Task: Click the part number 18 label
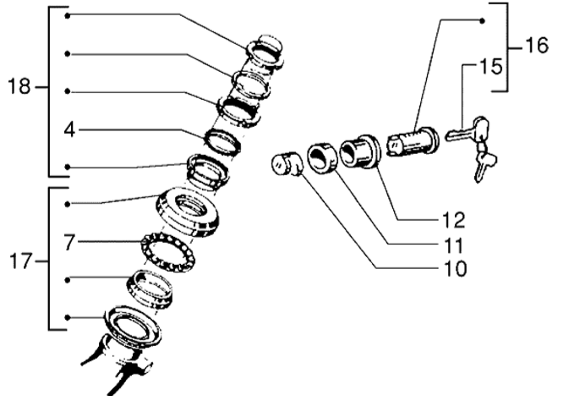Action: tap(19, 86)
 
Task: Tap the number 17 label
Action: tap(19, 262)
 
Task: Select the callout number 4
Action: tap(69, 129)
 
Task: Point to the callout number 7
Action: tap(69, 243)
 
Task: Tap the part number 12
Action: tap(453, 221)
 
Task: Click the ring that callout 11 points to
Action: tap(323, 157)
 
